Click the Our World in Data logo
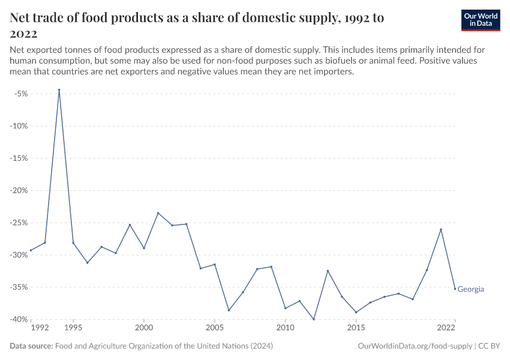coord(480,20)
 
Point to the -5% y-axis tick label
coord(23,94)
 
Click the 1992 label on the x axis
coord(39,328)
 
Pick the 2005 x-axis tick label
coord(214,328)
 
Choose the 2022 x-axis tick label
coord(446,328)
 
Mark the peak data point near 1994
coord(59,90)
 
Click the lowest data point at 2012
coord(314,319)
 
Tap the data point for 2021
coord(441,229)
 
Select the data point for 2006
coord(229,310)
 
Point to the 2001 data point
coord(158,213)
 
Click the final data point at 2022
coord(455,289)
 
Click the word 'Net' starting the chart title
coord(21,18)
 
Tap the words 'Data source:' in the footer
coord(31,346)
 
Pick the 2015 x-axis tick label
coord(356,328)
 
